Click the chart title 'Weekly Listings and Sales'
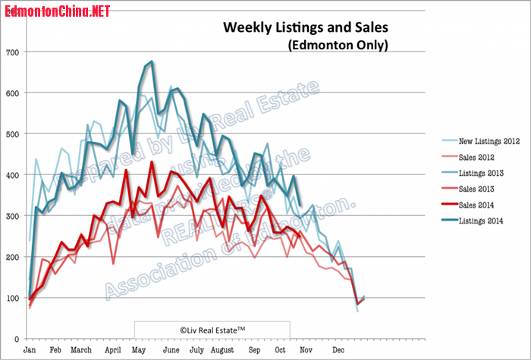[305, 27]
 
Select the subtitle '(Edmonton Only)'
[338, 45]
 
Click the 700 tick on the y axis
[13, 52]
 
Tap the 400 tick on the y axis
[13, 175]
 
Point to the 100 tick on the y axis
[13, 298]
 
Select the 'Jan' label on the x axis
[30, 351]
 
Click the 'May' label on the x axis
[139, 351]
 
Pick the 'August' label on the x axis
[223, 351]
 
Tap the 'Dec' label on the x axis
[338, 351]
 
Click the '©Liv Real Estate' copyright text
[212, 329]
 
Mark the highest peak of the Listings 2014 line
[152, 61]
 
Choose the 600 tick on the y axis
[13, 93]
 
